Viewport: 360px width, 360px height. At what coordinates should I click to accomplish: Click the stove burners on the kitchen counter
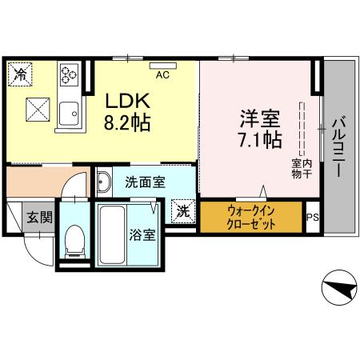point(66,78)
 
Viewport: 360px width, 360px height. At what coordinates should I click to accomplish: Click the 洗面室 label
point(146,182)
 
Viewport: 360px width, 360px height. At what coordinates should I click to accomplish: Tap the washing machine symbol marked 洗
point(184,212)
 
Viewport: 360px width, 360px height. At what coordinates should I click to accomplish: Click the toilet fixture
point(74,239)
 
